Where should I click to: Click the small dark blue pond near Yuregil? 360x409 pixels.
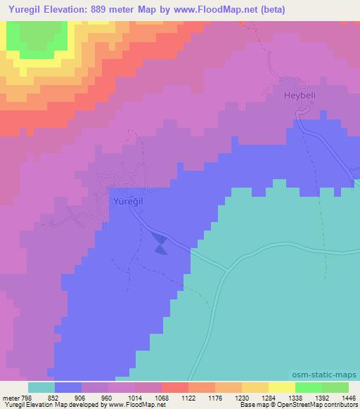160,244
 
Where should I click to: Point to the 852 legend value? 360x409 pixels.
53,397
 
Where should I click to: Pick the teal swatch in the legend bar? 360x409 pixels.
41,387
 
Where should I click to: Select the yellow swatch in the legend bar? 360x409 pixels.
255,387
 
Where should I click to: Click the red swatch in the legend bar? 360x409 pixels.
175,387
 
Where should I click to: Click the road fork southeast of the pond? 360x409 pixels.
226,268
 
